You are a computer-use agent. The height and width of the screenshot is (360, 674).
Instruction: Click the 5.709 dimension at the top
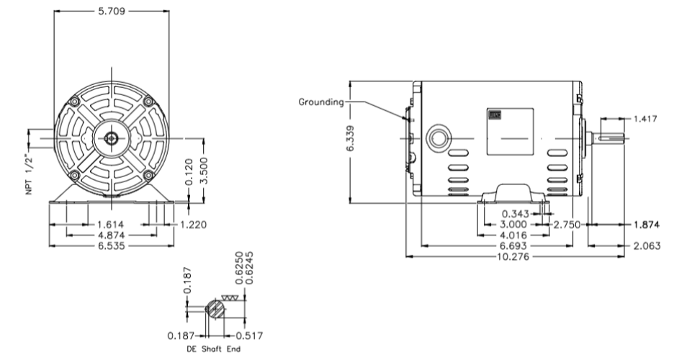[x=112, y=12]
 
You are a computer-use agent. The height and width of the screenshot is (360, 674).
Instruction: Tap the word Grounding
[x=321, y=102]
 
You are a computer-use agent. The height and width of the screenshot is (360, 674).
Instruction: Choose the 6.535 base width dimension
[x=113, y=246]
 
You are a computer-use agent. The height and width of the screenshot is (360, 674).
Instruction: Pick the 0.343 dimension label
[x=516, y=214]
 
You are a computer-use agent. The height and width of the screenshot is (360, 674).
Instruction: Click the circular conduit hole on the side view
[x=436, y=138]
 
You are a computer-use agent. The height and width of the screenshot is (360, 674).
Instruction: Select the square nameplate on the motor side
[x=510, y=131]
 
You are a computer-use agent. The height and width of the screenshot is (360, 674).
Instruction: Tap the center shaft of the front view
[x=112, y=138]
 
